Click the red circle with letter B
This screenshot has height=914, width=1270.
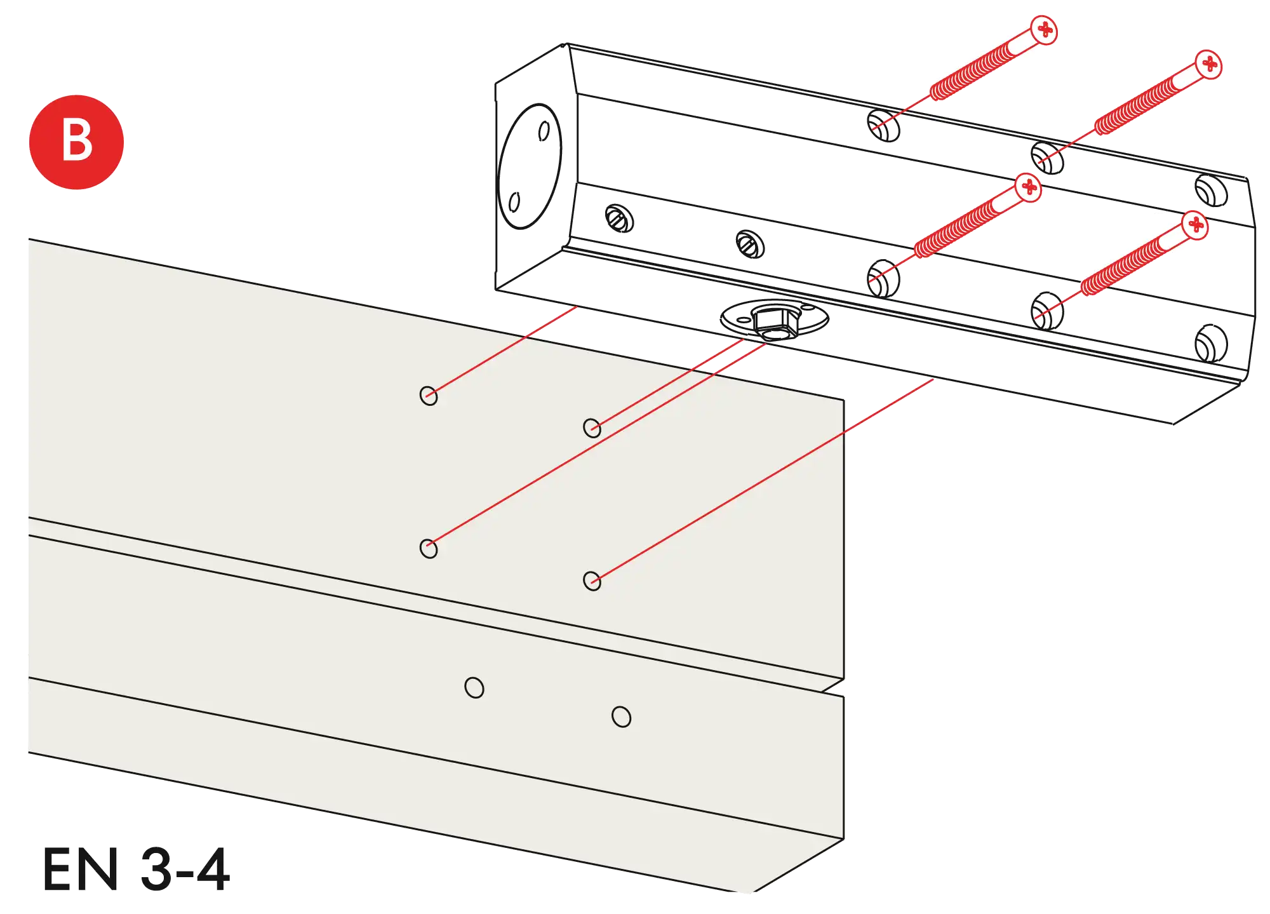[x=76, y=141]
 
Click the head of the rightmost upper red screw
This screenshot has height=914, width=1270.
[x=1210, y=64]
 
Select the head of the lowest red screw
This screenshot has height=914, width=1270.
[x=1196, y=225]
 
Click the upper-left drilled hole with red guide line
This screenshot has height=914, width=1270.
[x=429, y=396]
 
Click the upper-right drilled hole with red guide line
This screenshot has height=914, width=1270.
[x=592, y=427]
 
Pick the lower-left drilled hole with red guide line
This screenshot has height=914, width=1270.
[x=429, y=548]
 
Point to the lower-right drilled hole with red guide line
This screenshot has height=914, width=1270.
[x=592, y=581]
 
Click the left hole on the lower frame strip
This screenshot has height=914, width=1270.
[x=474, y=687]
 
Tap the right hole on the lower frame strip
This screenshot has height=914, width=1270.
[x=621, y=716]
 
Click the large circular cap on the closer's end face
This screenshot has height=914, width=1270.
[x=531, y=166]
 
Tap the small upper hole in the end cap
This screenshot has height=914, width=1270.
[x=544, y=131]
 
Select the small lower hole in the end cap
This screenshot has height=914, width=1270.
[x=515, y=202]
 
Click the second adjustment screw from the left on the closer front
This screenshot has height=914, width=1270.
[x=749, y=243]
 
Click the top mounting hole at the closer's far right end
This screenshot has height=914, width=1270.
[x=1212, y=189]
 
